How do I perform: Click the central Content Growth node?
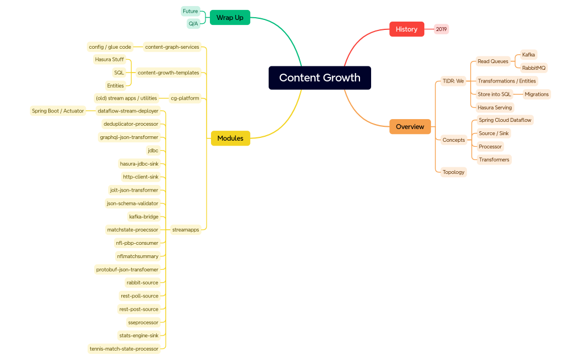[x=320, y=78]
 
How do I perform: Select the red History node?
[x=407, y=29]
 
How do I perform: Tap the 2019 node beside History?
[x=441, y=29]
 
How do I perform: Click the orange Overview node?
[x=410, y=127]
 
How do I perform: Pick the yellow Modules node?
[x=230, y=138]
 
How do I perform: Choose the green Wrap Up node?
[x=230, y=18]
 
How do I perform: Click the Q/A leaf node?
[x=193, y=24]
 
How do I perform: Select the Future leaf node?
[x=191, y=11]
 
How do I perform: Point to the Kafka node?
[x=528, y=55]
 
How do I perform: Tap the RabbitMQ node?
[x=534, y=68]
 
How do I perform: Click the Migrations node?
[x=537, y=94]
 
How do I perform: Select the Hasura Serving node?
[x=495, y=107]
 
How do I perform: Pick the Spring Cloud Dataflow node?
[x=505, y=120]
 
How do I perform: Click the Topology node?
[x=454, y=172]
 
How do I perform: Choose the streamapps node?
[x=186, y=230]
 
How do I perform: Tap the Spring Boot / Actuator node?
[x=58, y=111]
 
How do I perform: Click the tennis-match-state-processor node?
[x=124, y=349]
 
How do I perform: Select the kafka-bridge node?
[x=143, y=217]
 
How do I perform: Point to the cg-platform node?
[x=185, y=98]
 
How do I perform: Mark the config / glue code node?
[x=110, y=47]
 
